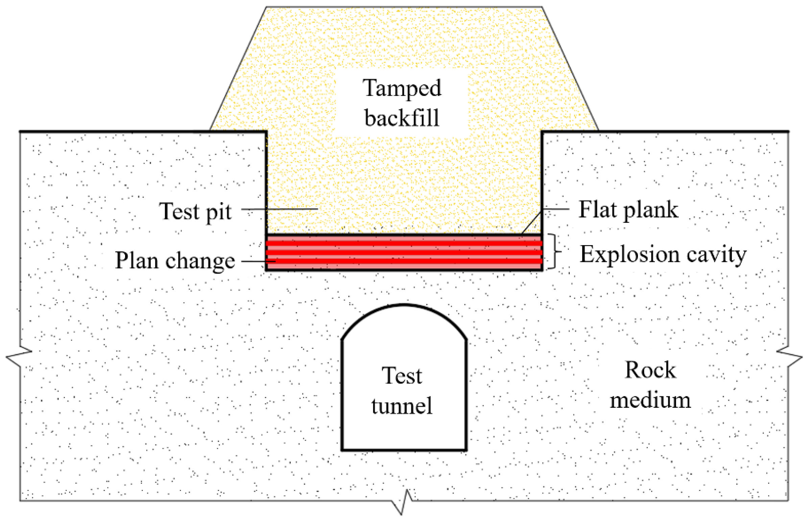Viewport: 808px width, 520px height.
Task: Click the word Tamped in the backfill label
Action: coord(402,88)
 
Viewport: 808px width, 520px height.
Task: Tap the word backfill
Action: coord(402,118)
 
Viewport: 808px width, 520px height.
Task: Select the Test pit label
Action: coord(195,212)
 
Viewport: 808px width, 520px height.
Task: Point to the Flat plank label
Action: coord(628,210)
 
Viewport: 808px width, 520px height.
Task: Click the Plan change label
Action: coord(175,261)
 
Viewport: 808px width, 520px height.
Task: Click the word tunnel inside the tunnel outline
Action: coord(402,405)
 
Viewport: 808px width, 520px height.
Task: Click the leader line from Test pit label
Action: coord(279,209)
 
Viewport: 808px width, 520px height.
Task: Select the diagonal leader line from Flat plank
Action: coord(531,222)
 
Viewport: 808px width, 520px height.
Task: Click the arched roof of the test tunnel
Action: coord(404,306)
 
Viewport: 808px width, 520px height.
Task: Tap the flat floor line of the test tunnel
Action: coord(404,450)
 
